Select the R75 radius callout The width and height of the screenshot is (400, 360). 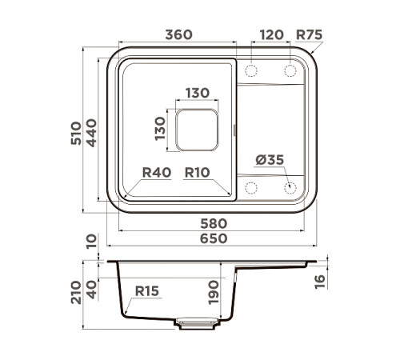[309, 35]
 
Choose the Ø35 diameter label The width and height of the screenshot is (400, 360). [270, 160]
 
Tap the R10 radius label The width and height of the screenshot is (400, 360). [197, 172]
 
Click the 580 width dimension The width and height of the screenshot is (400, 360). [214, 223]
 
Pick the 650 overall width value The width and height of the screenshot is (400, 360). [214, 238]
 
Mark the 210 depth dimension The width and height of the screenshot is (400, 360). [74, 293]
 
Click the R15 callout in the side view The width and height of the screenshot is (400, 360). [147, 292]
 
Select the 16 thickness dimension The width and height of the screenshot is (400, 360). [320, 279]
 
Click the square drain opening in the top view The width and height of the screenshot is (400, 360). [196, 130]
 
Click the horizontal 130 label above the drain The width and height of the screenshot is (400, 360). [197, 93]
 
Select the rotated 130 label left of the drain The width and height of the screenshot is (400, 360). [161, 130]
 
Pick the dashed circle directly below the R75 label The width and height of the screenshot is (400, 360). [290, 71]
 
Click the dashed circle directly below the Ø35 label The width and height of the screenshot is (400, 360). [290, 189]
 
